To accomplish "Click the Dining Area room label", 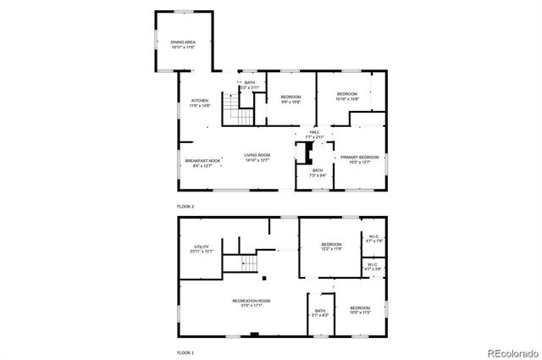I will [182, 44].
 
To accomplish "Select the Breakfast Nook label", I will [203, 163].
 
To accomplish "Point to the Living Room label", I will [257, 158].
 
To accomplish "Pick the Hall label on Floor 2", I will [314, 134].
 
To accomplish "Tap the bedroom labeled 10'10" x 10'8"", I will [348, 96].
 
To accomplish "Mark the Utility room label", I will [202, 249].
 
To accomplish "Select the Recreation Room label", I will [252, 302].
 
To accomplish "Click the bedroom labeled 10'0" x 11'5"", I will [360, 310].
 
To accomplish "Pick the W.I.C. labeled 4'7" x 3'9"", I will [373, 266].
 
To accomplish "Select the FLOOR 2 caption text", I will [185, 207].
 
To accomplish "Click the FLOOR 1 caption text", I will [185, 352].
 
